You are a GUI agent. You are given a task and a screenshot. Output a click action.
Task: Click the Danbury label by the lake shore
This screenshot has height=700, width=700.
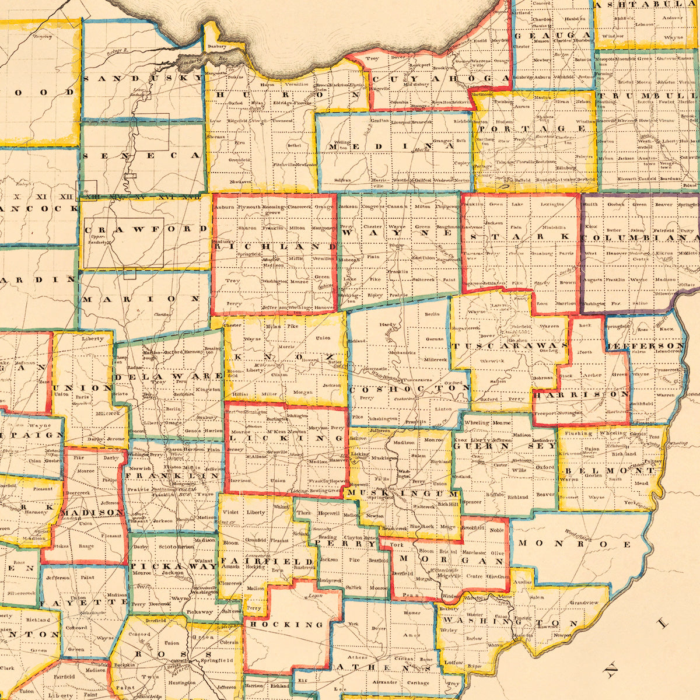click(x=216, y=45)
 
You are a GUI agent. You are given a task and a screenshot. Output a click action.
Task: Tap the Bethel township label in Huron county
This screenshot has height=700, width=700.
click(x=294, y=145)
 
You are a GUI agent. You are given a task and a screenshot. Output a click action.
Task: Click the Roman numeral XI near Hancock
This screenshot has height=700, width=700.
click(x=41, y=197)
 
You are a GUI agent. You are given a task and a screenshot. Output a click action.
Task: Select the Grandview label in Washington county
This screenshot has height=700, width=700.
click(x=584, y=602)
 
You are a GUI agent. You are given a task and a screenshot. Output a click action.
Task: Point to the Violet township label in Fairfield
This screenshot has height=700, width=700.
click(x=231, y=513)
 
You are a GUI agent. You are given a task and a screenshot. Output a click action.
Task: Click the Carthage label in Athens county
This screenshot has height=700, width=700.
click(x=417, y=682)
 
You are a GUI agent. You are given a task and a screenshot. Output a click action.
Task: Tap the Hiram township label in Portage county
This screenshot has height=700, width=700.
click(x=562, y=101)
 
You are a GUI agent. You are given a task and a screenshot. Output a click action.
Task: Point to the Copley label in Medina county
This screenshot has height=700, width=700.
click(x=461, y=164)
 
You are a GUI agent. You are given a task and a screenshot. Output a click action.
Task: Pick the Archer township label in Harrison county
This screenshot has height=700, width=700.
click(x=592, y=375)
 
